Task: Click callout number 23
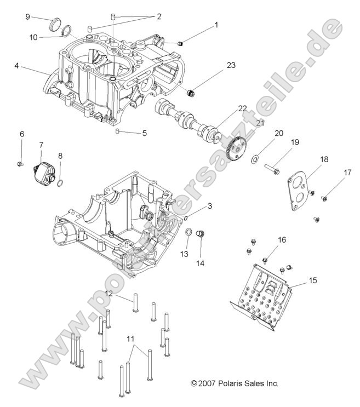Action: coord(231,65)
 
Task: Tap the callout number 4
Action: coord(17,66)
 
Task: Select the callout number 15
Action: coord(312,280)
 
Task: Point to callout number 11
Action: coord(130,339)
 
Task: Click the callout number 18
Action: coord(324,159)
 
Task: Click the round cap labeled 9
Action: coord(55,25)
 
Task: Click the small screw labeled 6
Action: coord(20,164)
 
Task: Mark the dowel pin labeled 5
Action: coord(117,130)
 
